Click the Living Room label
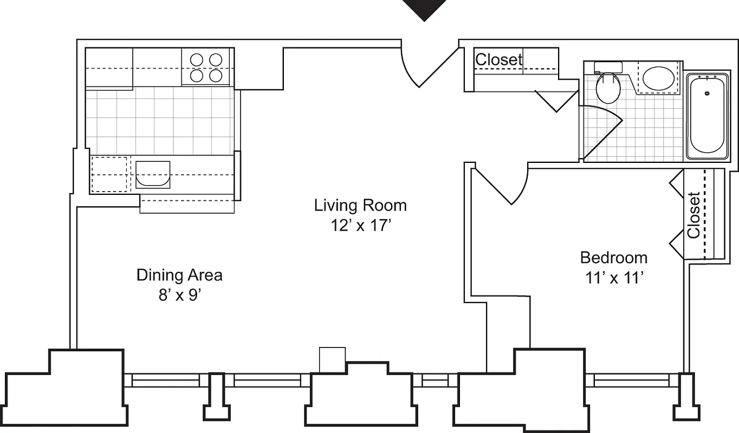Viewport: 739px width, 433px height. point(360,206)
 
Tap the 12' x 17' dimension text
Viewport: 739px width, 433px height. point(361,225)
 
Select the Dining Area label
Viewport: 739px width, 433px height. point(179,275)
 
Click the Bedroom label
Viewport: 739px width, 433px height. point(613,258)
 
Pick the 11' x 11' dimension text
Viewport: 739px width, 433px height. point(614,278)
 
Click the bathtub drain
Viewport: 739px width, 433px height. point(707,93)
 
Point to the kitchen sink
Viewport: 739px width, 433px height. point(152,174)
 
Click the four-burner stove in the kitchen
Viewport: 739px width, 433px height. point(206,67)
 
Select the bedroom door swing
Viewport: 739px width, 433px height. point(504,185)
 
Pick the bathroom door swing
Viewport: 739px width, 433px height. point(600,130)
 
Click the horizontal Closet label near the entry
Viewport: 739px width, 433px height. point(498,60)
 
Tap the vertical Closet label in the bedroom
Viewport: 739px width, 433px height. point(694,215)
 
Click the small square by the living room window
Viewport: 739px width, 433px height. point(332,359)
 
